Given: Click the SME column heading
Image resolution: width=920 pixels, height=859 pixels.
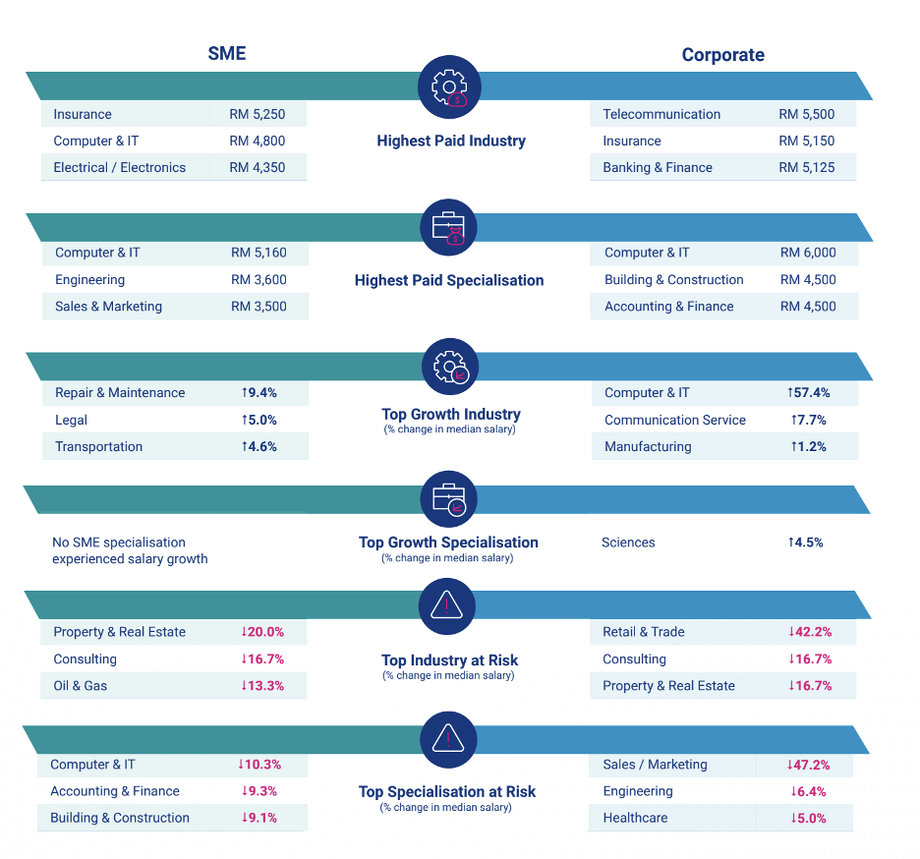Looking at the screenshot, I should tap(227, 54).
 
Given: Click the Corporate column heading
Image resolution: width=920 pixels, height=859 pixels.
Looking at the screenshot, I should tap(722, 55).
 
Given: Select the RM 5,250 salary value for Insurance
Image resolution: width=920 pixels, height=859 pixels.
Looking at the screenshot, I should tap(258, 114).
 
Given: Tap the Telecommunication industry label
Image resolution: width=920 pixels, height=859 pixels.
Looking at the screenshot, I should tap(661, 114).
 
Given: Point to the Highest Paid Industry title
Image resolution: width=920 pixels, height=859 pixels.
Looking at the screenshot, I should tap(451, 141).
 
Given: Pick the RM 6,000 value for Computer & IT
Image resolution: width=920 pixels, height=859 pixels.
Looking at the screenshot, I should tap(808, 253).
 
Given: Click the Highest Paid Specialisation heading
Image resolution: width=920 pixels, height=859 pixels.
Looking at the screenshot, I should tap(449, 280).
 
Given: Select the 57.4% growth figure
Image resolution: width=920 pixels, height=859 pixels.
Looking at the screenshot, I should tap(808, 392).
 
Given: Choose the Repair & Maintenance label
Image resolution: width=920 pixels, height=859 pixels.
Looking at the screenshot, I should tap(120, 392).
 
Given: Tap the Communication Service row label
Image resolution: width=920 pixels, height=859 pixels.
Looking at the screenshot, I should tap(675, 420).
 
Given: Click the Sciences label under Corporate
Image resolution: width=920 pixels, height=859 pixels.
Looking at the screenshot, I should tap(628, 543).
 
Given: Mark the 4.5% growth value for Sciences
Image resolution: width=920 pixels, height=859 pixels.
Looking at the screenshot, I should tap(805, 543).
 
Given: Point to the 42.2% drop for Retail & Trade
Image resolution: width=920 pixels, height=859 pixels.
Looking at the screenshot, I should tap(810, 632).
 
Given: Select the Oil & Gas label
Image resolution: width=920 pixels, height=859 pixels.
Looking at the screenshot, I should tap(81, 685).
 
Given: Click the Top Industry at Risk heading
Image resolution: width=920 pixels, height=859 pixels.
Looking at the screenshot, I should tap(449, 660).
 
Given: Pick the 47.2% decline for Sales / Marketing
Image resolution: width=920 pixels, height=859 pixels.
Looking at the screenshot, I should tap(807, 765).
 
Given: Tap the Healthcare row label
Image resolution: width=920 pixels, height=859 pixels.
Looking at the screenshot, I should tap(635, 818).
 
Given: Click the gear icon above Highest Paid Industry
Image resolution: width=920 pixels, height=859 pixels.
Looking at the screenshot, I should tap(450, 87).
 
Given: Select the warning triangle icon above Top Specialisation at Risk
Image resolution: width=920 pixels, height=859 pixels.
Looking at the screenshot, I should tap(448, 738).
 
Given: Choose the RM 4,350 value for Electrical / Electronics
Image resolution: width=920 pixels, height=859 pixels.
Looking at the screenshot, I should tap(258, 167).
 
